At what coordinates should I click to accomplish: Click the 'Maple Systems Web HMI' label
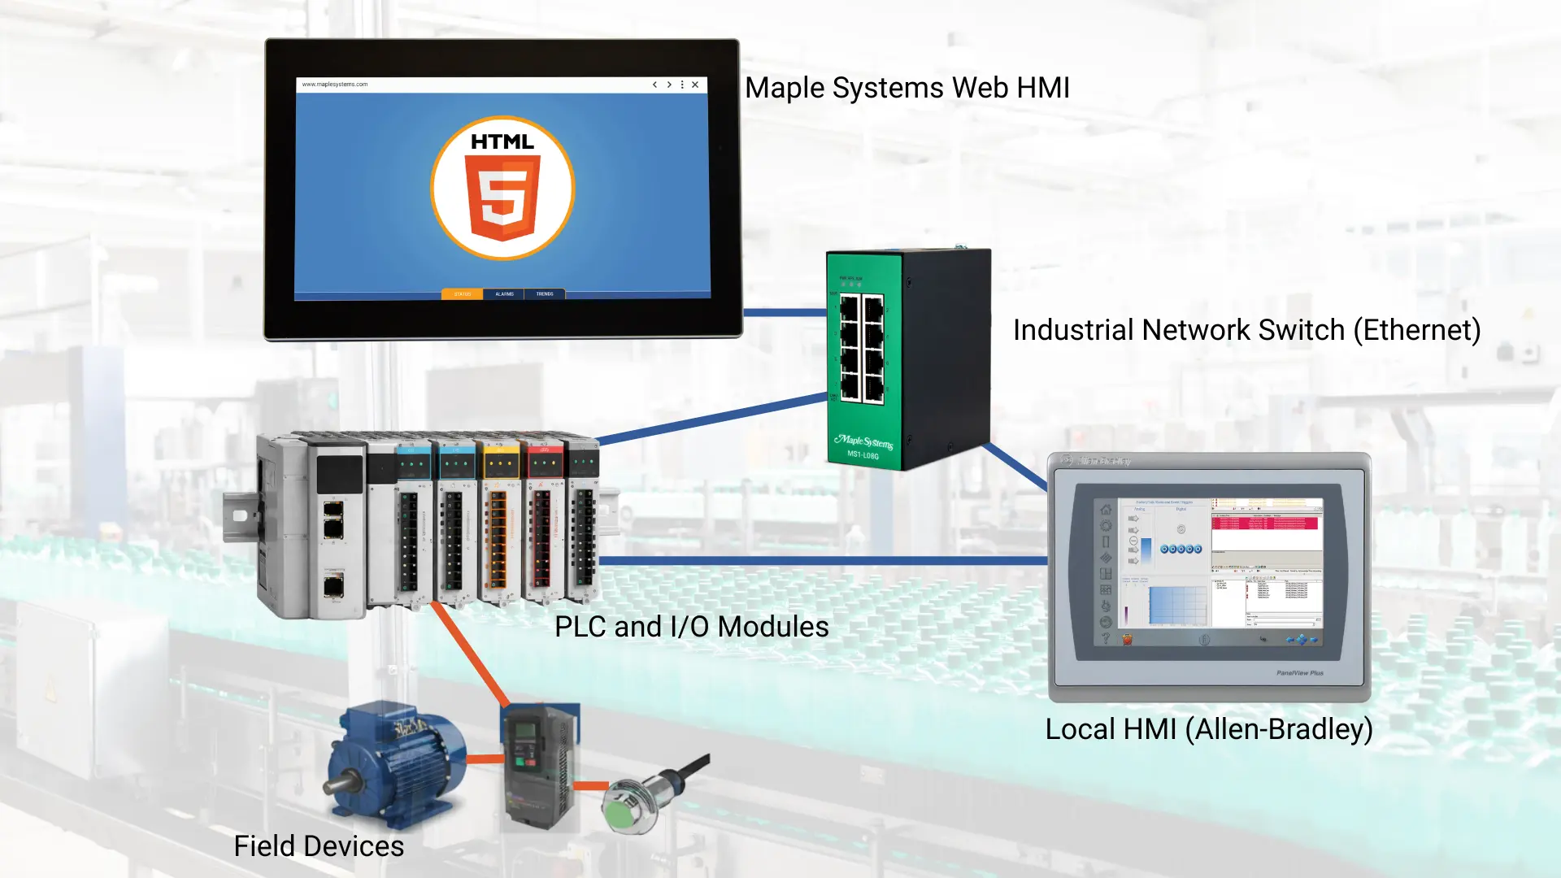click(x=907, y=88)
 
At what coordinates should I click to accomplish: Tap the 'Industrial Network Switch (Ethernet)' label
click(x=1246, y=330)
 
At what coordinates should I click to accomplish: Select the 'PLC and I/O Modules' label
click(x=691, y=627)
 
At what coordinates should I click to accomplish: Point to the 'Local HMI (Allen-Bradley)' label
click(x=1208, y=729)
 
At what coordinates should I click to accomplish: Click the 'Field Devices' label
click(x=319, y=846)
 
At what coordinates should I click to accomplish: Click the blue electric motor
click(x=394, y=764)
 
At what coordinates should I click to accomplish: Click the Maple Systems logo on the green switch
click(x=863, y=442)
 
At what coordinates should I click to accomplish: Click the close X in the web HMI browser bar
click(x=695, y=85)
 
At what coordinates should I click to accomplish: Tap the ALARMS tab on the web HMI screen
click(x=504, y=294)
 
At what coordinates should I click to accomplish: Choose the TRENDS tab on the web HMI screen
click(x=545, y=294)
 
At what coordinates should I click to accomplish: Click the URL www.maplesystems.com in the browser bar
click(x=335, y=85)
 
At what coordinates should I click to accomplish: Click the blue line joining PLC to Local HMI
click(x=821, y=561)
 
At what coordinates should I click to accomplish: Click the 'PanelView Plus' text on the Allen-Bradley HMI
click(x=1299, y=673)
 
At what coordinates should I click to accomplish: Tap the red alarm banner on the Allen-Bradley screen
click(x=1264, y=523)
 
